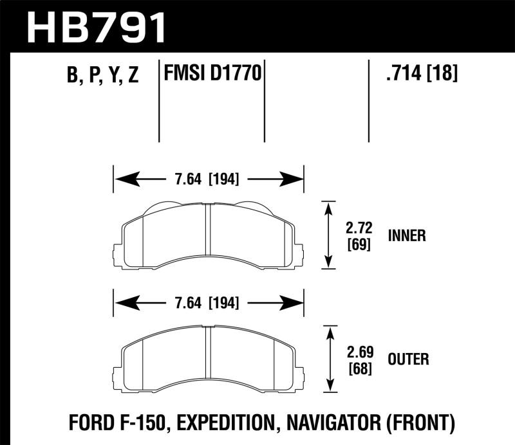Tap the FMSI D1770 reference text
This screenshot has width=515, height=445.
pyautogui.click(x=213, y=75)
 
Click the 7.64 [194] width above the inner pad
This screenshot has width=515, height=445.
pyautogui.click(x=208, y=179)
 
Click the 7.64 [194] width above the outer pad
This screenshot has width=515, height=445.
pyautogui.click(x=208, y=302)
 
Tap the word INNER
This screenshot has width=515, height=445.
pyautogui.click(x=407, y=235)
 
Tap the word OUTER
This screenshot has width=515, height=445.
pyautogui.click(x=409, y=358)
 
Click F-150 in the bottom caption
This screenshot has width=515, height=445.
pyautogui.click(x=154, y=422)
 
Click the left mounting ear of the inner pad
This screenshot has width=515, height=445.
pyautogui.click(x=117, y=254)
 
